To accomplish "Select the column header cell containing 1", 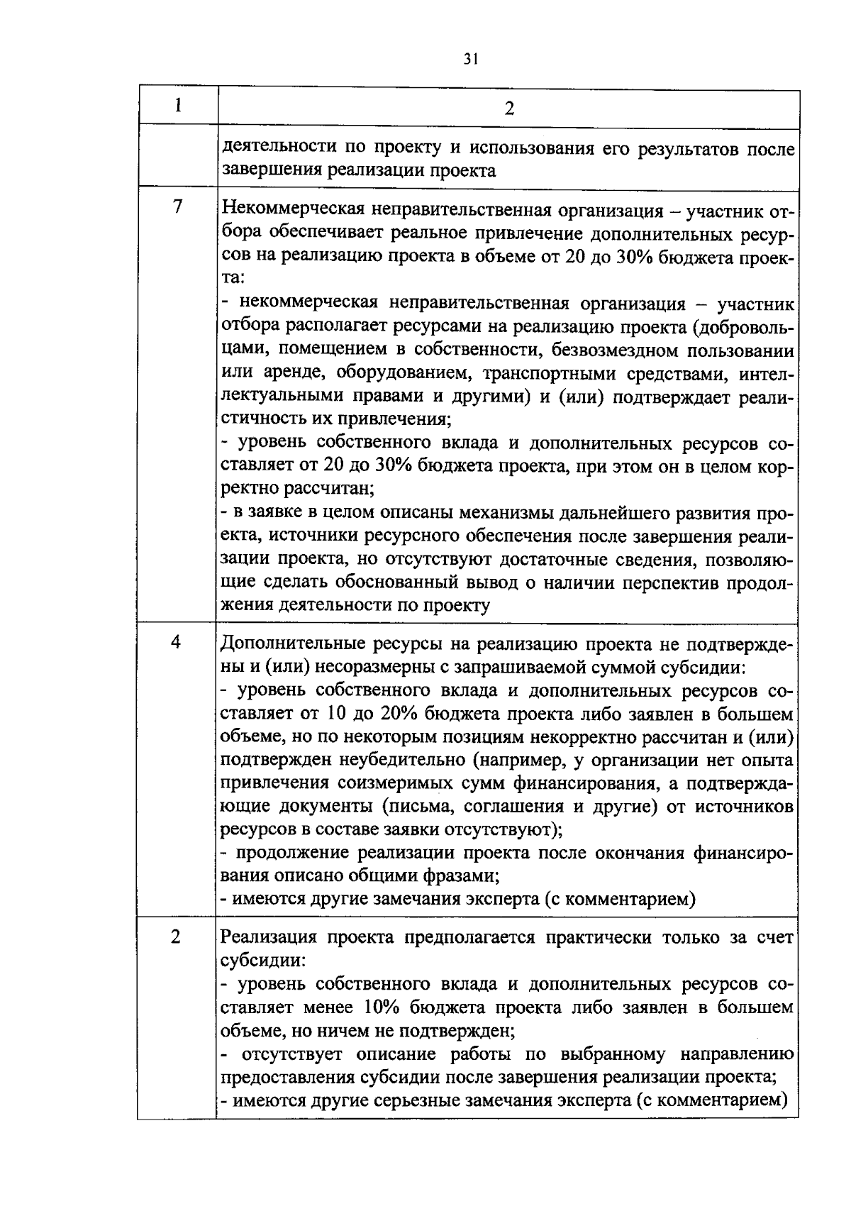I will (x=177, y=106).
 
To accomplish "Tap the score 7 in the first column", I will (x=177, y=206).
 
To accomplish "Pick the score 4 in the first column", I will (x=176, y=641).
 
